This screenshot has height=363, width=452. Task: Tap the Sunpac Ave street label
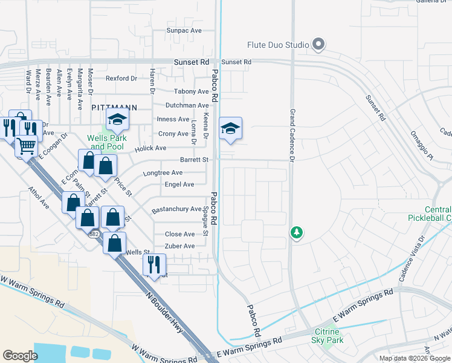click(x=184, y=30)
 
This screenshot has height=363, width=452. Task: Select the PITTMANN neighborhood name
click(x=114, y=107)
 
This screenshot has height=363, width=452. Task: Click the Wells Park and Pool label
click(x=105, y=142)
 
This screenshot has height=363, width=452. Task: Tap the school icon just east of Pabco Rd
click(x=230, y=129)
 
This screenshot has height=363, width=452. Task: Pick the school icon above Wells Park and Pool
click(x=118, y=120)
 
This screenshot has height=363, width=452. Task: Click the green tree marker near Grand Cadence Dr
click(x=296, y=232)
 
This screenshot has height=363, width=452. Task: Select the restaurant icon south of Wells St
click(x=153, y=264)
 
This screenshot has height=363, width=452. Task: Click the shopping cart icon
click(x=26, y=146)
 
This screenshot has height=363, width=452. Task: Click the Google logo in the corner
click(x=20, y=356)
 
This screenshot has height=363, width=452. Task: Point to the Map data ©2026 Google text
click(x=414, y=358)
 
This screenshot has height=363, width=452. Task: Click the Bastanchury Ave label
click(x=176, y=209)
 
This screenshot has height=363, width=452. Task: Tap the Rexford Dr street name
click(x=121, y=78)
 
